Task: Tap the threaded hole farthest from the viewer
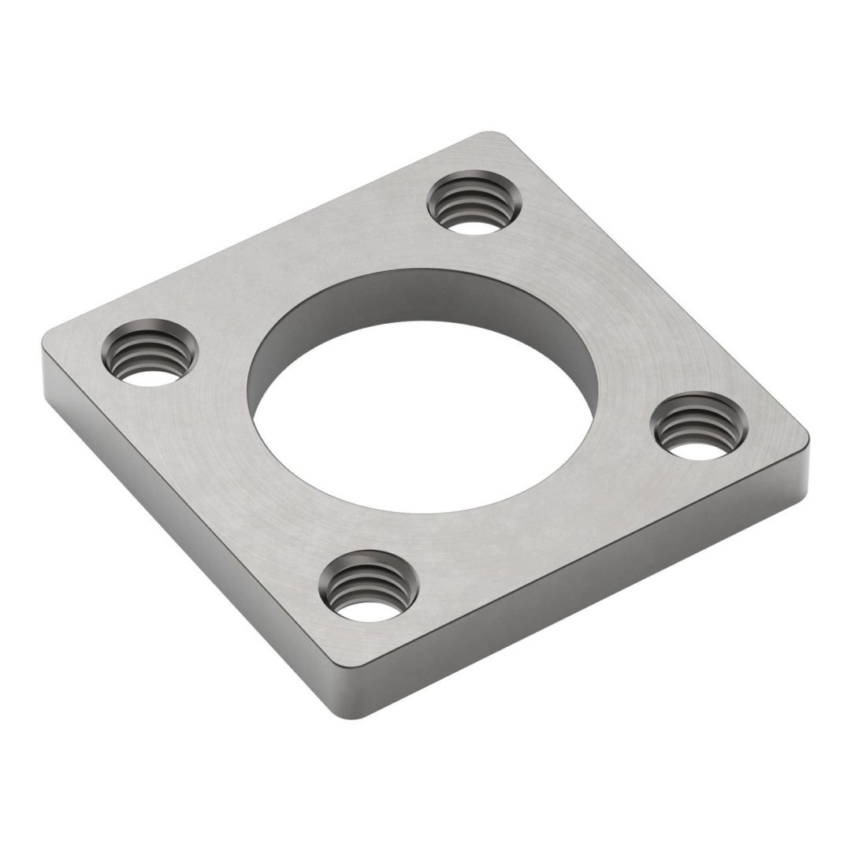[x=474, y=203]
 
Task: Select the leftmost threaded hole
[x=149, y=352]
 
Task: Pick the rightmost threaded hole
[x=698, y=426]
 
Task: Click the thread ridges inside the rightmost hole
[x=698, y=422]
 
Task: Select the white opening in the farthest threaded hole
[x=473, y=228]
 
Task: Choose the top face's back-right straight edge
[x=654, y=284]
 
